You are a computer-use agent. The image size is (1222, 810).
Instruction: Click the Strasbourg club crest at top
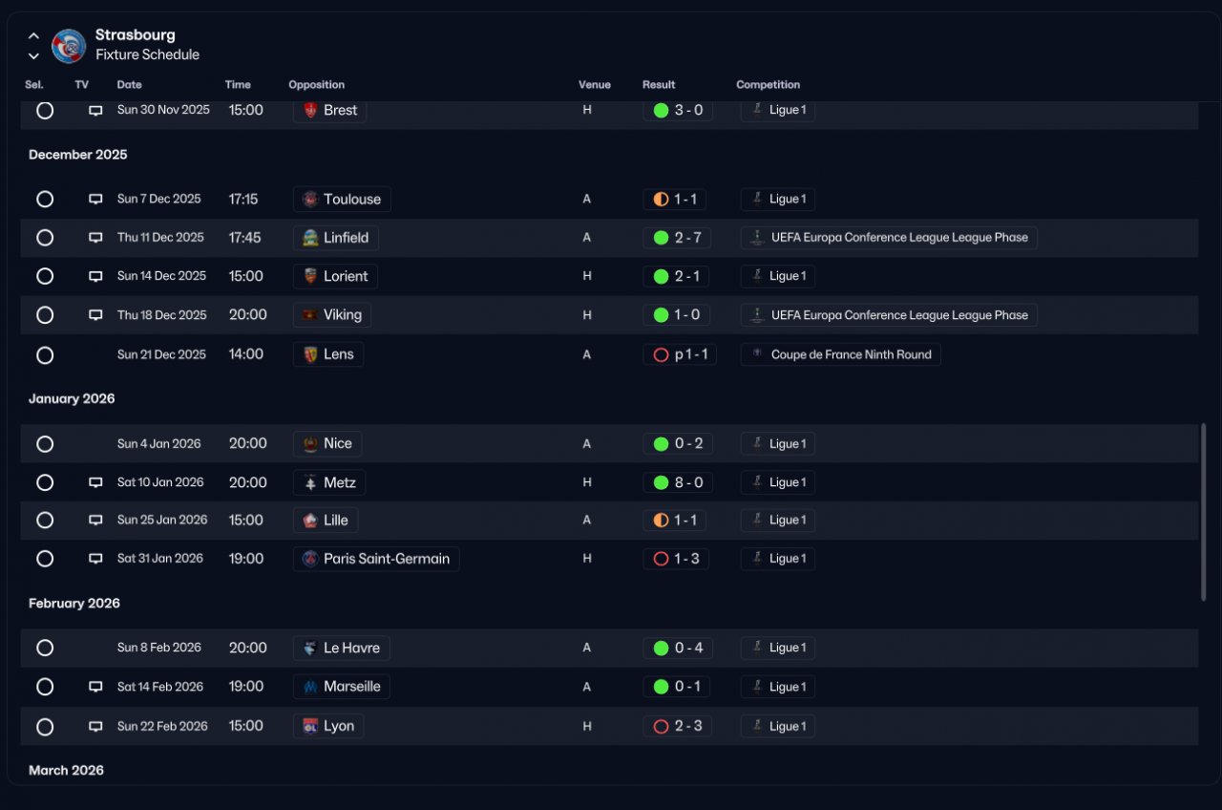pos(69,46)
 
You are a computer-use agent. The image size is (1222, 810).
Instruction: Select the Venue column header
pos(594,85)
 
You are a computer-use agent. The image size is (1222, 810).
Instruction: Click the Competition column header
pos(768,85)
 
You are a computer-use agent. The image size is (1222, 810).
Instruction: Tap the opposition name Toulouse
pos(352,200)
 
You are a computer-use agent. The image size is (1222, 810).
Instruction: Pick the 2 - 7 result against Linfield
pos(687,238)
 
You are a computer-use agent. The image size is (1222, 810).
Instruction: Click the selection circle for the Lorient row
pos(45,276)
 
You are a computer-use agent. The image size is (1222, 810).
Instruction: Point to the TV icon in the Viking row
pos(95,315)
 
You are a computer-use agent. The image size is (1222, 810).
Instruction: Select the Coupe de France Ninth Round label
pos(851,354)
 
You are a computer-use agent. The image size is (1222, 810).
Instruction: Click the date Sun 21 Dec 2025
pos(161,354)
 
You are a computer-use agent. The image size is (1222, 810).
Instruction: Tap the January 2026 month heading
pos(72,398)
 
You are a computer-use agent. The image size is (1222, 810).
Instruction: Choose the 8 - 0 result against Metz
pos(688,482)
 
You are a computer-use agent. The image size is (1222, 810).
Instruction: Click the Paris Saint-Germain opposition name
pos(387,559)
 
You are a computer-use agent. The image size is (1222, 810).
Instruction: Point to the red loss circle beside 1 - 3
pos(661,559)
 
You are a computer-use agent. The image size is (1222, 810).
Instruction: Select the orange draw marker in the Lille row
pos(661,521)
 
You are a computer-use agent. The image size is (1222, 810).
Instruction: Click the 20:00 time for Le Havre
pos(247,648)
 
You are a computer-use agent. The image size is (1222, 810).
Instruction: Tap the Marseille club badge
pos(310,687)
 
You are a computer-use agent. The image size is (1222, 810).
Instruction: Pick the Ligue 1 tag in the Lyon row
pos(788,727)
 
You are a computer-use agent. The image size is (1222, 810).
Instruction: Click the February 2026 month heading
pos(74,603)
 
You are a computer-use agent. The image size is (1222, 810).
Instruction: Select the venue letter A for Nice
pos(586,444)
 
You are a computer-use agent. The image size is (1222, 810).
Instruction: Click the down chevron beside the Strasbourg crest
pos(33,56)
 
